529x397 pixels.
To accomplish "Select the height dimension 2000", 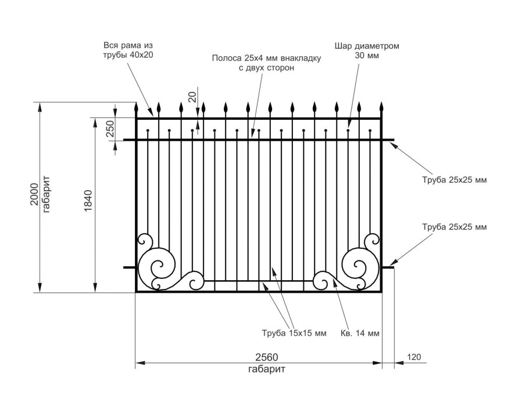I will point(34,195).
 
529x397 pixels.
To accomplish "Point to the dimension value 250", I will point(109,128).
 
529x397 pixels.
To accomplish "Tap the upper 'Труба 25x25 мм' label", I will point(454,180).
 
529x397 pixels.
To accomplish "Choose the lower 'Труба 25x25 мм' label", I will point(454,226).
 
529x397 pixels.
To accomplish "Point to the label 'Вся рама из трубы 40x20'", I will point(128,50).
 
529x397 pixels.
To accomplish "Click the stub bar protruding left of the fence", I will point(130,267).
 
